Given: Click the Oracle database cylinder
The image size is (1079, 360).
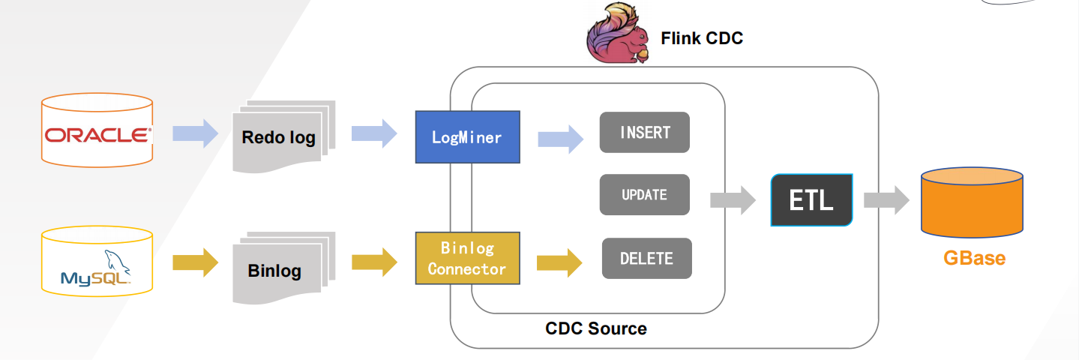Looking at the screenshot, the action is click(97, 130).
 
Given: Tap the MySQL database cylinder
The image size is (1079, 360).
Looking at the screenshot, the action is click(97, 261).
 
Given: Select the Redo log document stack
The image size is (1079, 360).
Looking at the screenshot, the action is click(283, 136).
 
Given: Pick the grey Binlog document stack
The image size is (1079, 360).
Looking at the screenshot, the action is click(283, 268).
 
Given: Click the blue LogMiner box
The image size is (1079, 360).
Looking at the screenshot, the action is click(467, 136).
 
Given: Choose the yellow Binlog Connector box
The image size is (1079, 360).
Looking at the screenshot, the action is click(467, 258).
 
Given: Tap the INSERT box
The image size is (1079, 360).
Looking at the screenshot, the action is click(645, 133).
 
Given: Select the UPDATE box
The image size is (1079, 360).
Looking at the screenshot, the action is click(645, 195).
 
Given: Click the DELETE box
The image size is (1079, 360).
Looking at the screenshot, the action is click(646, 258).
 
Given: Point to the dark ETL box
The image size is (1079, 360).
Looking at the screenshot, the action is click(811, 200).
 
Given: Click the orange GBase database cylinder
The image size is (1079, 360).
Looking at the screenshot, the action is click(972, 202).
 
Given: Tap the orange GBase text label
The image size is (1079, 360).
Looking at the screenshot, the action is click(974, 258).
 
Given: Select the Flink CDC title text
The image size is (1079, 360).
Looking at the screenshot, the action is click(702, 38).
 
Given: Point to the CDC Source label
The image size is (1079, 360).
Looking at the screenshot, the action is click(596, 328).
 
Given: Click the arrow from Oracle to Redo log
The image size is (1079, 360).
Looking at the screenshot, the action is click(195, 133).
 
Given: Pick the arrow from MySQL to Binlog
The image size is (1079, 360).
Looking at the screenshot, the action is click(195, 262).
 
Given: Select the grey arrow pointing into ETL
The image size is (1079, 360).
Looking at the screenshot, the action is click(733, 200).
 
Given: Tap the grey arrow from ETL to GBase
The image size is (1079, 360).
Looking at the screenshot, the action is click(886, 200).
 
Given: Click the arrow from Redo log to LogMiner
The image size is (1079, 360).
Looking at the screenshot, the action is click(374, 133).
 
